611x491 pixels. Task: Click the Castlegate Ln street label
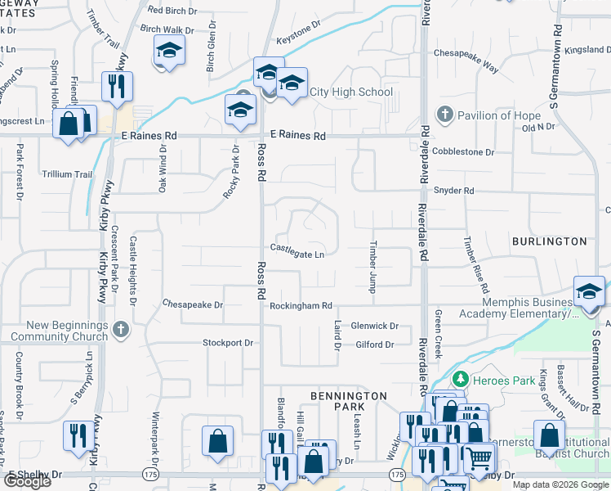click(297, 255)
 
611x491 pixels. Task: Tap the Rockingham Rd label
click(301, 306)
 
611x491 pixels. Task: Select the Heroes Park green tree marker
click(461, 380)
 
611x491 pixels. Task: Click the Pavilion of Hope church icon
click(444, 115)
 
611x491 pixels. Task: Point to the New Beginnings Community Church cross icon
click(120, 329)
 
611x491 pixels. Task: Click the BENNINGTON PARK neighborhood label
click(349, 401)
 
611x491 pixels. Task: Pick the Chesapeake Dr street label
click(193, 304)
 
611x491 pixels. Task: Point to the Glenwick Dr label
click(374, 326)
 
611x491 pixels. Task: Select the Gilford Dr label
click(375, 345)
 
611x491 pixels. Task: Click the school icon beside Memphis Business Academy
click(589, 291)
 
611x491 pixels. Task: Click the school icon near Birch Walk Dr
click(168, 52)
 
